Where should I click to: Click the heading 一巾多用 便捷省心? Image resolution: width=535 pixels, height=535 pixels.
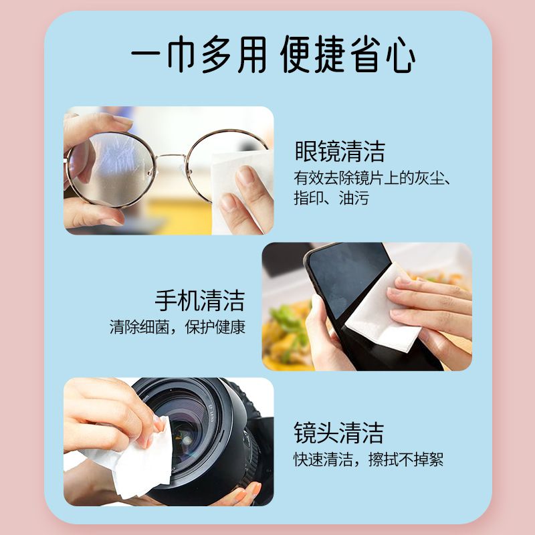click(273, 55)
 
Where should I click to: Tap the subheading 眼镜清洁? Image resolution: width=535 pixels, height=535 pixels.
click(340, 151)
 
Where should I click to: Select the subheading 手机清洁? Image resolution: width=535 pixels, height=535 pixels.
click(200, 300)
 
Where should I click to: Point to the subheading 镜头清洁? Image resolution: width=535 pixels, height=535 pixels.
click(339, 432)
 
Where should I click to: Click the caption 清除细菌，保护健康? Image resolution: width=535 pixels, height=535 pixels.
click(177, 327)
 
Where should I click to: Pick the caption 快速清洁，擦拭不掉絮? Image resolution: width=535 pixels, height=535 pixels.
click(368, 459)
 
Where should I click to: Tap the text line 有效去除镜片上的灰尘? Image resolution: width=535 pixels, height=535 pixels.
click(370, 178)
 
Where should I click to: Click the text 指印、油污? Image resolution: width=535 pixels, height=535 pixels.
click(331, 198)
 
